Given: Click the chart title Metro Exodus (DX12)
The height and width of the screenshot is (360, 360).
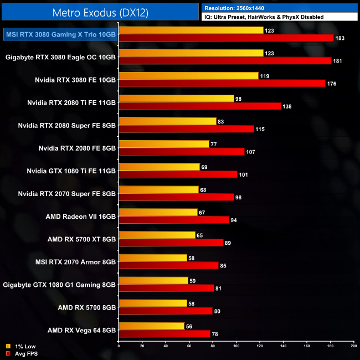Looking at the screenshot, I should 100,12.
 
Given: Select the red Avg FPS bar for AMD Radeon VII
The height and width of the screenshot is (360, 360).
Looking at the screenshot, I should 174,220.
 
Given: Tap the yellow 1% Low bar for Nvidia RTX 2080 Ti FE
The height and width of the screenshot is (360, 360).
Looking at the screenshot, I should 177,98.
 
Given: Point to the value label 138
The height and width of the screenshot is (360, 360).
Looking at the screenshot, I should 287,106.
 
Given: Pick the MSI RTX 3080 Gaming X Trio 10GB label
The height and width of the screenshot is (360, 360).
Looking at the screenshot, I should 60,34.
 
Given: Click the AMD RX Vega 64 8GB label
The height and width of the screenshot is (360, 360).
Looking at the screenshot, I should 81,330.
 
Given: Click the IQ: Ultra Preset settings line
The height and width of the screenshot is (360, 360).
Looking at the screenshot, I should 263,17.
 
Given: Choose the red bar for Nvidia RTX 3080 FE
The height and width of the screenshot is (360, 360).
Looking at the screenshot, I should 222,83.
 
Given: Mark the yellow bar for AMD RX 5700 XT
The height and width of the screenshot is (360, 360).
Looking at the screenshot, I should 157,235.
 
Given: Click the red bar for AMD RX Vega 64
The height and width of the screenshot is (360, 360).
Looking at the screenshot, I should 164,333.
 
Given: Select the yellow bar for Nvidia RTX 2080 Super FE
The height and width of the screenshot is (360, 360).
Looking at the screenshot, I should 167,121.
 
